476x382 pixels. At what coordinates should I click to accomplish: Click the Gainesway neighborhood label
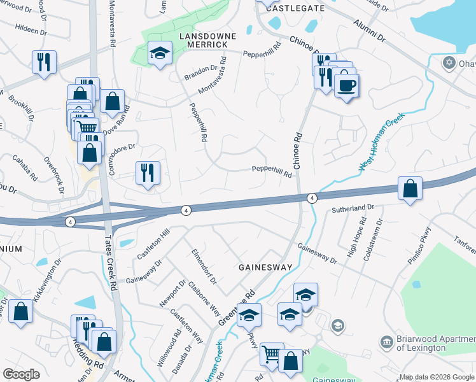click(265, 267)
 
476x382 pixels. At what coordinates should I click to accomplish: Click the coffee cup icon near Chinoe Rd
click(346, 85)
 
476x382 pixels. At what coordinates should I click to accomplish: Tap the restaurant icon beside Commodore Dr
click(148, 173)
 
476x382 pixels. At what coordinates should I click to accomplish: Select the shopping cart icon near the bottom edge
click(272, 353)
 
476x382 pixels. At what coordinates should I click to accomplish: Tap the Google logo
click(21, 374)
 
